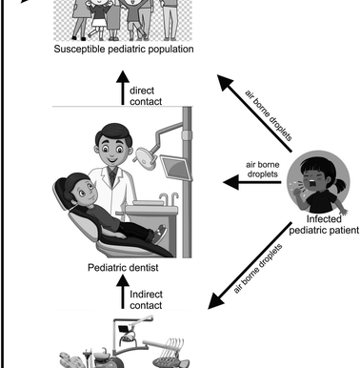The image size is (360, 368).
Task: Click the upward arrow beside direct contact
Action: pyautogui.click(x=121, y=92)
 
